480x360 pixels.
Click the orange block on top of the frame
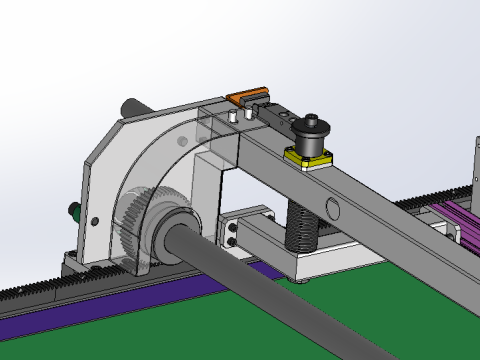(243, 97)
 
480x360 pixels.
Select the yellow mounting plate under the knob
(307, 156)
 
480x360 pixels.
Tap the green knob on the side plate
(72, 211)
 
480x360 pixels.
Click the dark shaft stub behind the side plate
(133, 106)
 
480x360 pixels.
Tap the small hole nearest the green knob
(94, 220)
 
